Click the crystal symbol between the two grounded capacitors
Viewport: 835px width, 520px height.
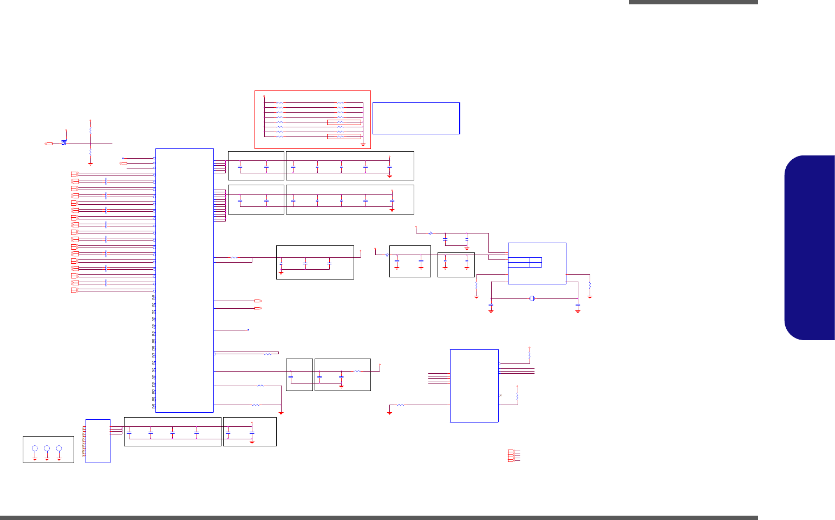tap(532, 298)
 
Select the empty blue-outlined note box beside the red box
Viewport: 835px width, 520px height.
tap(416, 118)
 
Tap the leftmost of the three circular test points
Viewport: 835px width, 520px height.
tap(35, 448)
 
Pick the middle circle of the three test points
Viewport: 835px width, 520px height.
tap(47, 448)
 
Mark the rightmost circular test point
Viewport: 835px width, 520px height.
tap(59, 448)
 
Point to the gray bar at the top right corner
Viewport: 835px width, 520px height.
tap(693, 2)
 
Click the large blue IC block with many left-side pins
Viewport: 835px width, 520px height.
tap(184, 280)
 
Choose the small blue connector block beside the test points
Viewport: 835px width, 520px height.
tap(98, 441)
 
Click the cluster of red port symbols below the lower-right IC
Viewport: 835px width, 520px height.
tap(514, 456)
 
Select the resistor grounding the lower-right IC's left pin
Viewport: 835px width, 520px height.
tap(401, 405)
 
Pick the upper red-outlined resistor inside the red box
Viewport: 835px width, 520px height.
tap(344, 122)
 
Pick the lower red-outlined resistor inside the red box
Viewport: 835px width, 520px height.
tap(344, 136)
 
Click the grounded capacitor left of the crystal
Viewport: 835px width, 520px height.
tap(491, 305)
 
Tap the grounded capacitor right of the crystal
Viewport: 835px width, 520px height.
tap(578, 305)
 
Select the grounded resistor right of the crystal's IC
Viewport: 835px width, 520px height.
tap(590, 285)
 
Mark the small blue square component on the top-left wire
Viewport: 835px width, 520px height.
tap(64, 143)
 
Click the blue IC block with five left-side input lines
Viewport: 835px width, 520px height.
tap(474, 385)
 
